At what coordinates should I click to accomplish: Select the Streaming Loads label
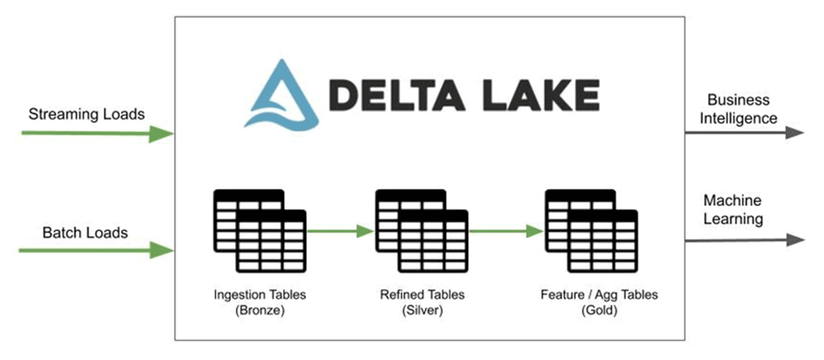[87, 113]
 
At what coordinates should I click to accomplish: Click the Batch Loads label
[86, 232]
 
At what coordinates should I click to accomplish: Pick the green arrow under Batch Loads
[96, 251]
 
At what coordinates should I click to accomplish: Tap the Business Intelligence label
[738, 109]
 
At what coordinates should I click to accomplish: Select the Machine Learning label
[733, 210]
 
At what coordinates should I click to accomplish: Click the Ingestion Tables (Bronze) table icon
[260, 230]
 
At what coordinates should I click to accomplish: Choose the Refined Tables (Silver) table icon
[422, 230]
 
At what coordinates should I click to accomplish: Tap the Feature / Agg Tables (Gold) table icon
[591, 230]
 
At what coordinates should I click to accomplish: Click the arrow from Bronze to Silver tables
[340, 232]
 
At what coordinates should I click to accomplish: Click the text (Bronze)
[260, 310]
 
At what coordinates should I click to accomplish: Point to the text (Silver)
[422, 310]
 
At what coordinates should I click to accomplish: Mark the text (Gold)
[599, 310]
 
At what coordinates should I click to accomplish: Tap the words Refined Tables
[422, 295]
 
